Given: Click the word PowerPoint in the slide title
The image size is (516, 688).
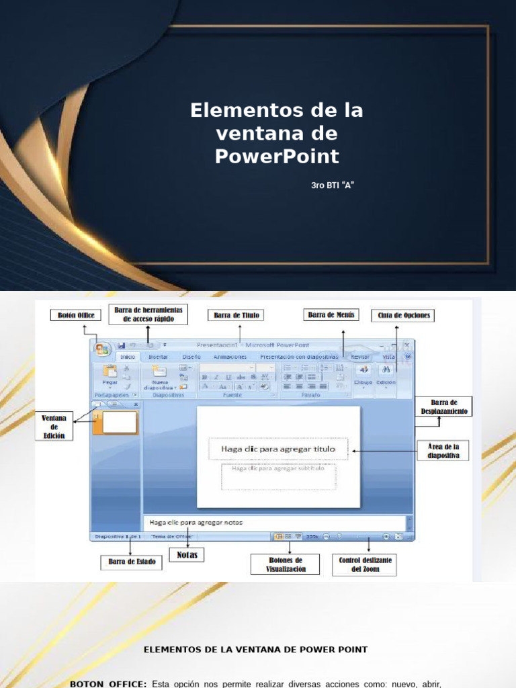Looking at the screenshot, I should [x=277, y=157].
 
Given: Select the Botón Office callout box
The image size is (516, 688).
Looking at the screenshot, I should [x=75, y=315].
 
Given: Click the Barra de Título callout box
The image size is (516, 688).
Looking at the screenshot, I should [x=236, y=315].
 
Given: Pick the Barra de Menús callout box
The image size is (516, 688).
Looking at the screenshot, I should [x=331, y=314].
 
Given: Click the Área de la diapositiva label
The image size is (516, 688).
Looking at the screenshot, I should [x=443, y=450].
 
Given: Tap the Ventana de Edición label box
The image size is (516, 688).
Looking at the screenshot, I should [x=54, y=427].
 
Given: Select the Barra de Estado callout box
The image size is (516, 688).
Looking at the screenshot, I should [x=131, y=562].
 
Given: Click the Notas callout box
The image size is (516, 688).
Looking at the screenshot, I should [x=187, y=555].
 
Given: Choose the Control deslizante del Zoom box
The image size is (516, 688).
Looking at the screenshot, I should [x=365, y=564].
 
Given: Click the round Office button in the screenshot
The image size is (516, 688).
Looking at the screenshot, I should [x=103, y=349].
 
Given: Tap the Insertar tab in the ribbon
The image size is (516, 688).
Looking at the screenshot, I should [x=158, y=357].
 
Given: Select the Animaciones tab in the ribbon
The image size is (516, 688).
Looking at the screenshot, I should [x=230, y=357].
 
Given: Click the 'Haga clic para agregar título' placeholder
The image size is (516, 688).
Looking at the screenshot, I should [x=278, y=449].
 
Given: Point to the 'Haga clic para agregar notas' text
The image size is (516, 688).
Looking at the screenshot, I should [x=196, y=522].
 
